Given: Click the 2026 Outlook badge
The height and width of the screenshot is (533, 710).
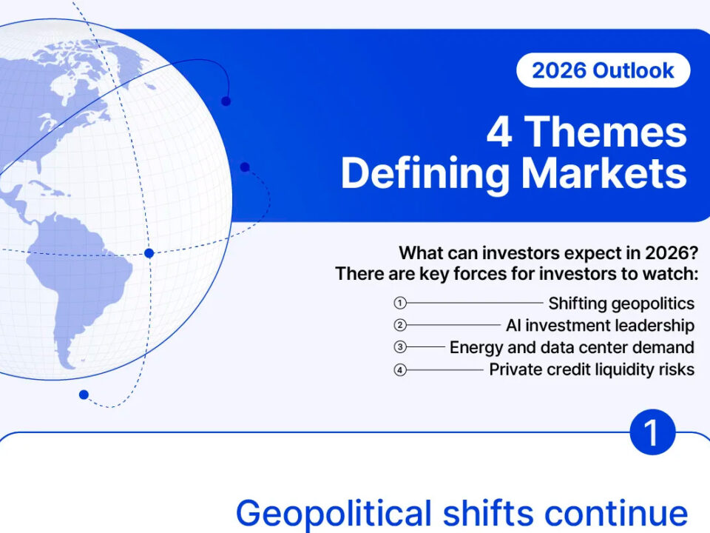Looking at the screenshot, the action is (603, 70).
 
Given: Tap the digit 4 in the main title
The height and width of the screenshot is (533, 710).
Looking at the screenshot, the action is (499, 132).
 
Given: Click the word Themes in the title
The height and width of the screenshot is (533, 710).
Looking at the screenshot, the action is (606, 132).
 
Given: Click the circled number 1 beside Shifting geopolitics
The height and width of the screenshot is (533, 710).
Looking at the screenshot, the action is (400, 303).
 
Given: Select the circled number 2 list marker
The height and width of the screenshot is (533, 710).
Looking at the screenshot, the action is (400, 325).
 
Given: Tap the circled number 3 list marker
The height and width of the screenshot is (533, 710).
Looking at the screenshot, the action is (400, 347).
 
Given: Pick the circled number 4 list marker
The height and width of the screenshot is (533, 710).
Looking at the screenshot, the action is (400, 370).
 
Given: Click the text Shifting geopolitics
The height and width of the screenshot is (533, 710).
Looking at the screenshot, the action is (621, 304).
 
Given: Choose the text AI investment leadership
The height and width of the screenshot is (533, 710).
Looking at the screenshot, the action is (600, 326).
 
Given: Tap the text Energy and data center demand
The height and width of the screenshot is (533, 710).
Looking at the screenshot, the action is (572, 348).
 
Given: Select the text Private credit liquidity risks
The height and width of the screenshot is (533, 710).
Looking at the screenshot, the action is (592, 370).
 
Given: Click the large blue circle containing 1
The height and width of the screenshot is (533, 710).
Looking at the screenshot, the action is (652, 432).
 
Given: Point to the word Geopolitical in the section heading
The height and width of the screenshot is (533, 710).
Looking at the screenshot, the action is (334, 514).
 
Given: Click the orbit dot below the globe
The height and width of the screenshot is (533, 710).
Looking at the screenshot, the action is (84, 395).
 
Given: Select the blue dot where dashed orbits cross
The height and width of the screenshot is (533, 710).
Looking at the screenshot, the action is (149, 253).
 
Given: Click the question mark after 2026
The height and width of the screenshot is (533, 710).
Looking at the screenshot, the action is (693, 253).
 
